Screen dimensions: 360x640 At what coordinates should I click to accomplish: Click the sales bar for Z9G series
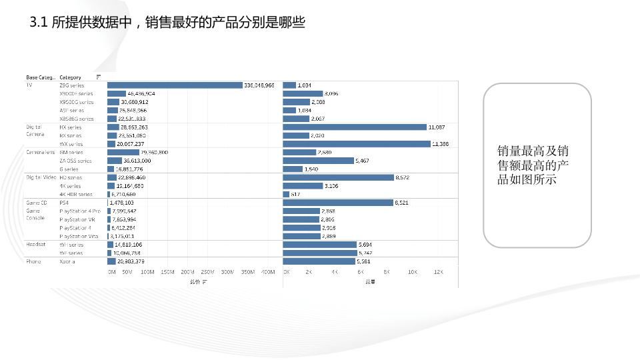click(x=175, y=85)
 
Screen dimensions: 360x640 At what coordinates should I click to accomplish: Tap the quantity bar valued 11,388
click(x=357, y=144)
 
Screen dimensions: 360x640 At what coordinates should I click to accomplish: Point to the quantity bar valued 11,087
click(x=355, y=127)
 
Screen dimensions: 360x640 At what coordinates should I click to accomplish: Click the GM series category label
click(x=71, y=152)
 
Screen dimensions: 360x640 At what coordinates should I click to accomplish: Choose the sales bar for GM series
click(x=123, y=152)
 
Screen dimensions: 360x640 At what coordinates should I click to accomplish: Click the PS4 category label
click(x=65, y=202)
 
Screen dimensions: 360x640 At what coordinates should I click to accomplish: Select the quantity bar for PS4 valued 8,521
click(x=338, y=202)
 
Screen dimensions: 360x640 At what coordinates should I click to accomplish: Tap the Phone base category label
click(x=33, y=261)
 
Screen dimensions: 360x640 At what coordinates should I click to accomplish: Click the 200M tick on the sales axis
click(x=187, y=272)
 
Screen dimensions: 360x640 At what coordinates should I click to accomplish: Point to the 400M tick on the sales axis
click(x=267, y=272)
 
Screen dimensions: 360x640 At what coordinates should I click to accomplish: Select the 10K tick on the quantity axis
click(x=413, y=272)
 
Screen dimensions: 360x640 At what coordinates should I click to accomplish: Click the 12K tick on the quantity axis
click(x=438, y=272)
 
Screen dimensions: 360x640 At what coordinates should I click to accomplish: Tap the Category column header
click(x=70, y=77)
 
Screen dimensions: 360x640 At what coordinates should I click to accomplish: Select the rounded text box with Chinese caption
click(x=537, y=165)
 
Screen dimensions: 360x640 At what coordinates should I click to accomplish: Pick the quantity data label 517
click(x=296, y=194)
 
